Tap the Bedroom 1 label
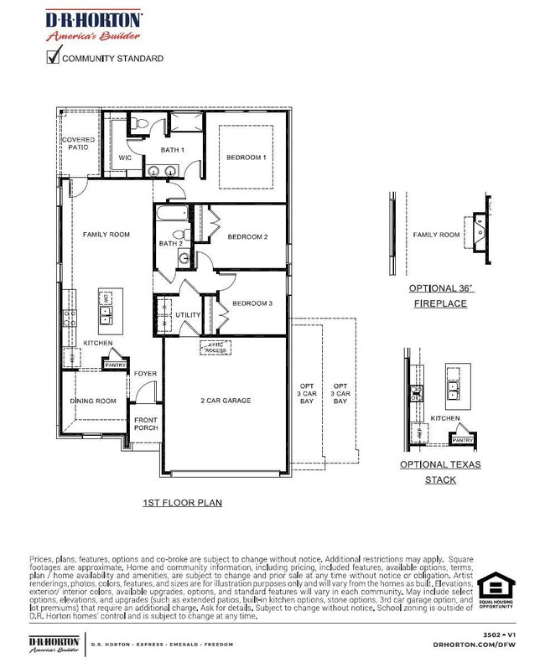coord(246,158)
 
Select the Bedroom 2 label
coord(247,237)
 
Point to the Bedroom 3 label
coord(252,303)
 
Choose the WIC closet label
coord(125,158)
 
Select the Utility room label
coord(188,316)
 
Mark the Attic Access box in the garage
coord(215,346)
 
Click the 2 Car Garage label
coord(226,401)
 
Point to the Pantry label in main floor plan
coord(114,365)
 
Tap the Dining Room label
coord(92,401)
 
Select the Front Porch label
coord(146,423)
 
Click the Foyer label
coord(145,374)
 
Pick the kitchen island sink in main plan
coord(106,314)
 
